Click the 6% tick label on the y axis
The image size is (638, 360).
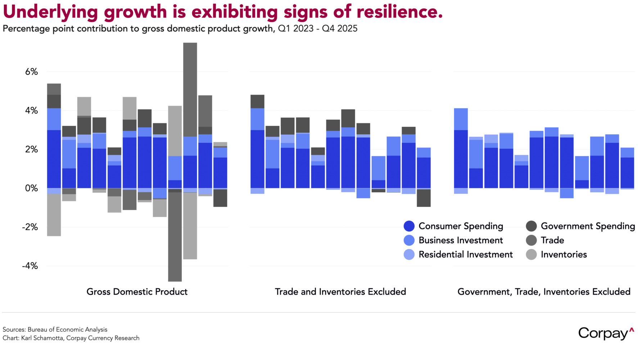[x=31, y=72]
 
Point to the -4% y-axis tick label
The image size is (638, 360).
[x=30, y=266]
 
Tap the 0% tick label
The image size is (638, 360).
[x=31, y=188]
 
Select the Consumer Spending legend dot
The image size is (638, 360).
[x=409, y=226]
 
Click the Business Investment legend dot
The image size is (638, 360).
[x=409, y=240]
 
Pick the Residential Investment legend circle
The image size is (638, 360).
[x=409, y=255]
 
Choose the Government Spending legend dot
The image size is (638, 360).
[x=531, y=226]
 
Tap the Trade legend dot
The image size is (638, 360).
[x=531, y=240]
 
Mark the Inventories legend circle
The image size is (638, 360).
[x=531, y=255]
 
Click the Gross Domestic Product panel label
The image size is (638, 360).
[x=137, y=292]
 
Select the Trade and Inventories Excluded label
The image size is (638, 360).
[x=340, y=292]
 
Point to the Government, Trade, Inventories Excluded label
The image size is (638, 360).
[x=544, y=292]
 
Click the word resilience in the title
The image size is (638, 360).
[x=399, y=12]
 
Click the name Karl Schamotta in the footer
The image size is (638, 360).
[x=42, y=338]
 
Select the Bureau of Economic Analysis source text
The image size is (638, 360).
[x=67, y=329]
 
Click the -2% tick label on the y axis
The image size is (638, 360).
[x=30, y=227]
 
